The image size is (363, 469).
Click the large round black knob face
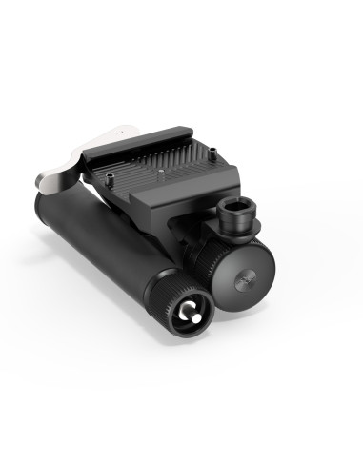(241, 275)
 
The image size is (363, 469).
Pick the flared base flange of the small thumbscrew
(235, 233)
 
